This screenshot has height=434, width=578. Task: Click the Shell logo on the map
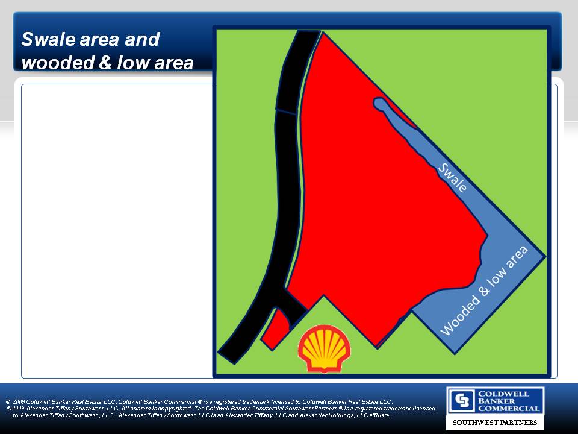pyautogui.click(x=324, y=349)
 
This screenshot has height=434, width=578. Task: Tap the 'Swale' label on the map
pyautogui.click(x=452, y=177)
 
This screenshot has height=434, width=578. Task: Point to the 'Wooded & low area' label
pyautogui.click(x=484, y=290)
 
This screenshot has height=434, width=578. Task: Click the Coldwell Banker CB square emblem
pyautogui.click(x=462, y=400)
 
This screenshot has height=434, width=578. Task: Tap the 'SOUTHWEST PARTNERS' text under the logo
pyautogui.click(x=495, y=422)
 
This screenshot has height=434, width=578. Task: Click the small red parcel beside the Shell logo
pyautogui.click(x=276, y=329)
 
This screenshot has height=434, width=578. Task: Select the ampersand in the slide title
pyautogui.click(x=105, y=62)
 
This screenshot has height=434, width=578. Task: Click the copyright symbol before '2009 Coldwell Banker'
pyautogui.click(x=8, y=402)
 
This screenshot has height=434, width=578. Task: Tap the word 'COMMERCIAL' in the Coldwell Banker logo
pyautogui.click(x=509, y=408)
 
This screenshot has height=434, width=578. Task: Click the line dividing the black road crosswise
pyautogui.click(x=287, y=112)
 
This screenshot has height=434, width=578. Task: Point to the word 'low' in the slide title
pyautogui.click(x=134, y=62)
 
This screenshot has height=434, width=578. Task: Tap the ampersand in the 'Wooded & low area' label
pyautogui.click(x=484, y=290)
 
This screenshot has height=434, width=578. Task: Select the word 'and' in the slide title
pyautogui.click(x=142, y=39)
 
